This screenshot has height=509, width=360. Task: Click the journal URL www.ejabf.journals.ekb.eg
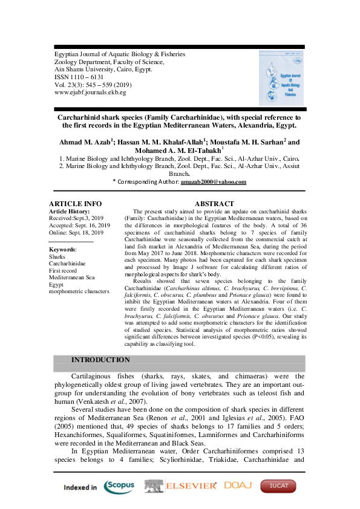click(x=90, y=92)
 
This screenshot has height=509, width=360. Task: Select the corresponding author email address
click(x=213, y=182)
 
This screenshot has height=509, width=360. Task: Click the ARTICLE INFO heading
click(x=75, y=204)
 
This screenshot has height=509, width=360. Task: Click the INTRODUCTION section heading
click(x=100, y=360)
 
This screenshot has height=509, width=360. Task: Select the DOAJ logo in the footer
click(x=238, y=485)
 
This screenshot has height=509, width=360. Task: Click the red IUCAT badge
click(x=278, y=486)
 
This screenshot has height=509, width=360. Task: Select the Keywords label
click(x=62, y=249)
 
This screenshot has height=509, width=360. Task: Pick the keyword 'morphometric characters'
click(x=79, y=291)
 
